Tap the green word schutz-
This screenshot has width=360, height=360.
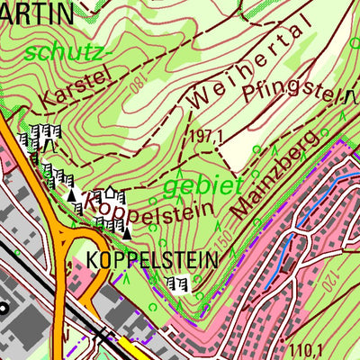[x=67, y=52]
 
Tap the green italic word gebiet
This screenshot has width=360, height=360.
[x=203, y=186]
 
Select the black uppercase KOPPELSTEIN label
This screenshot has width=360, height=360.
[x=153, y=260]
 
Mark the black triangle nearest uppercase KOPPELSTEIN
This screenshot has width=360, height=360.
[x=127, y=234]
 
